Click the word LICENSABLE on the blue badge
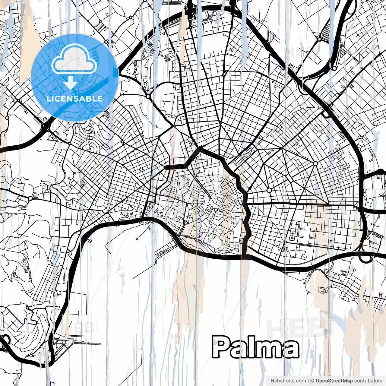click(x=74, y=99)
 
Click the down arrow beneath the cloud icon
click(x=70, y=83)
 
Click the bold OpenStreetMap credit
click(x=334, y=381)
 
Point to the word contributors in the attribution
click(x=368, y=381)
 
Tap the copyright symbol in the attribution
click(x=312, y=381)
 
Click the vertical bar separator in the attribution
click(x=308, y=381)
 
